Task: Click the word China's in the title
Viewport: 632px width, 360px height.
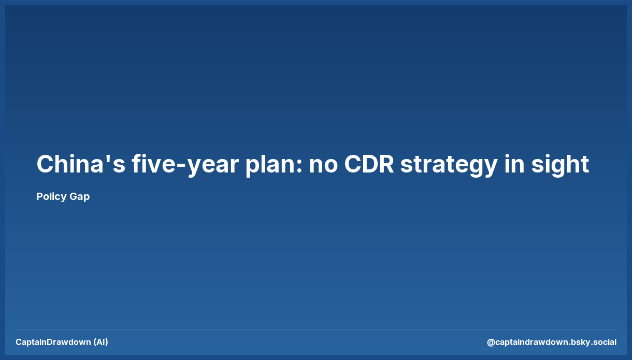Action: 80,164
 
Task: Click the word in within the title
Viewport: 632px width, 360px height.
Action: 514,164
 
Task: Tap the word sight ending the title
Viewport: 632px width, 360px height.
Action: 560,165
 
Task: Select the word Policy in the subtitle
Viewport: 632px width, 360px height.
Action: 51,197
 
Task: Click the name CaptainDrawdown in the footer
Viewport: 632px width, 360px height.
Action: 53,342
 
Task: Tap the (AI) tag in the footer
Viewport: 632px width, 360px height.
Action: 101,342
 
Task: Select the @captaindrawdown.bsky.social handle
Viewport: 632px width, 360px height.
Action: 552,342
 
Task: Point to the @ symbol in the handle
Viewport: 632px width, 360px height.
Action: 491,342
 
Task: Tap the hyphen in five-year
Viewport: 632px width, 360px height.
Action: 181,166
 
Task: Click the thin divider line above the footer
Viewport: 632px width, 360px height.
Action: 316,329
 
